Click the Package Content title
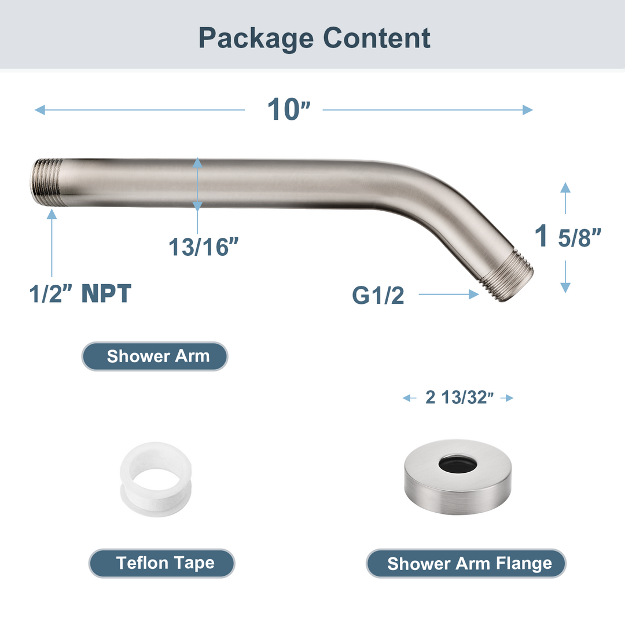coord(314,38)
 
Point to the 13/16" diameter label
coord(204,247)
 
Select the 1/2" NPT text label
coord(80,294)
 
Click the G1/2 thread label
coord(378,296)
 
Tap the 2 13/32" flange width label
coord(458,398)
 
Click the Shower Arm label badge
coord(155,356)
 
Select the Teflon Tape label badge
coord(162,563)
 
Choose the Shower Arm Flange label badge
coord(466,563)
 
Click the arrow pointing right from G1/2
coord(448,295)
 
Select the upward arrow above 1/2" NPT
coord(52,243)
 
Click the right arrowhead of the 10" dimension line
coord(527,110)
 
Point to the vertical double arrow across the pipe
coord(198,185)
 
